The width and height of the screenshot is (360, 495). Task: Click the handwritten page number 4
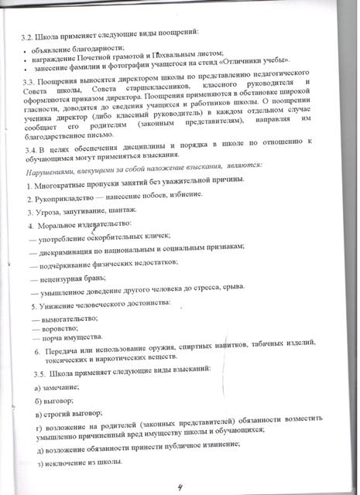point(181,486)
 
